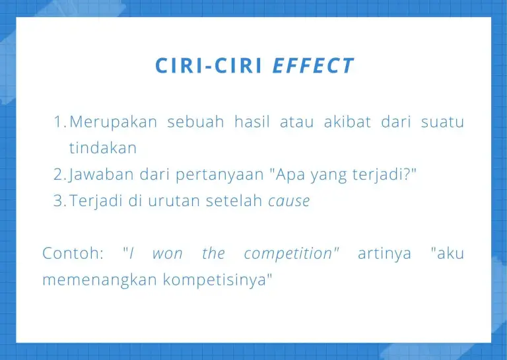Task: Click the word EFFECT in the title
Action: (313, 65)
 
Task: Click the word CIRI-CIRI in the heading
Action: (209, 65)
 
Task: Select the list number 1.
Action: (60, 122)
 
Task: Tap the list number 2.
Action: (60, 174)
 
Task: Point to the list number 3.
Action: (60, 201)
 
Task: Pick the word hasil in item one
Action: (252, 122)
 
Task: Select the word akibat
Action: (347, 122)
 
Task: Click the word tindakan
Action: (103, 148)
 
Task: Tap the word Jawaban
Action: (101, 175)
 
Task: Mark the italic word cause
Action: (289, 201)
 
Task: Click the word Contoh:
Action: (73, 253)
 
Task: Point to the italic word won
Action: (167, 254)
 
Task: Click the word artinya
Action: (384, 254)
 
